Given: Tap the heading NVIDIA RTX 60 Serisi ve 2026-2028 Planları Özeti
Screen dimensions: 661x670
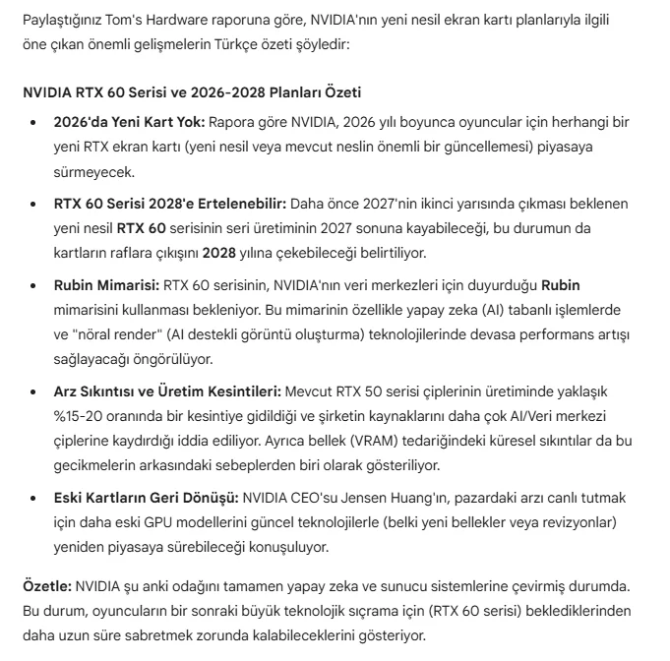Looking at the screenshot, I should pos(192,92).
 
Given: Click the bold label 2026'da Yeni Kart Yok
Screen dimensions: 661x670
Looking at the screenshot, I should pos(129,122).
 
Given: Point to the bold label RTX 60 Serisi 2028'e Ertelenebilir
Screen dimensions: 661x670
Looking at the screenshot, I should pos(170,204).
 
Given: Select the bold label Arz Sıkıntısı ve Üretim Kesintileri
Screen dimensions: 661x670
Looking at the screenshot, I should pos(168,391).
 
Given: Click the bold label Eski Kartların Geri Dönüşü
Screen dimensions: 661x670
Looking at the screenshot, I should pos(146,497).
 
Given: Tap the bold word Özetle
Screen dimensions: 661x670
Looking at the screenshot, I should pos(47,586).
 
